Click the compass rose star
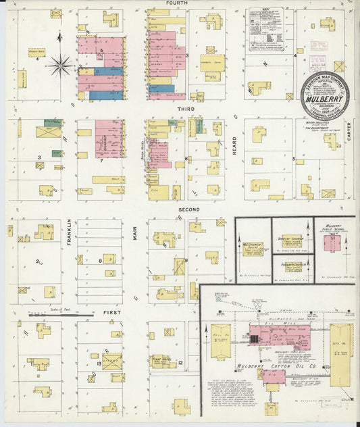(x=61, y=66)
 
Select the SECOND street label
(x=189, y=210)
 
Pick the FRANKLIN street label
(x=70, y=231)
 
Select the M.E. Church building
(x=253, y=247)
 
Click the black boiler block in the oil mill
(x=255, y=334)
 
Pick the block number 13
(x=99, y=363)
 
